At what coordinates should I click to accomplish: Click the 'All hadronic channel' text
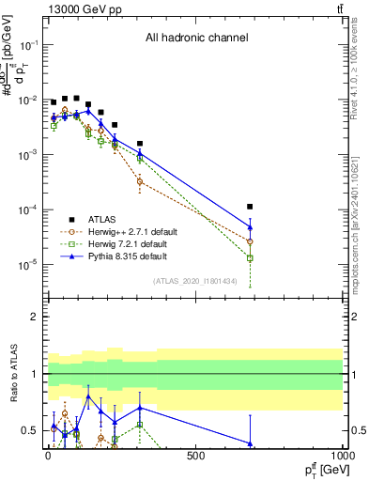[x=196, y=39]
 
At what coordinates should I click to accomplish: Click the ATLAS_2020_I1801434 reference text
[x=194, y=281]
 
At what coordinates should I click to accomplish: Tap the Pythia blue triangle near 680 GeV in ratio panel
[x=250, y=442]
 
